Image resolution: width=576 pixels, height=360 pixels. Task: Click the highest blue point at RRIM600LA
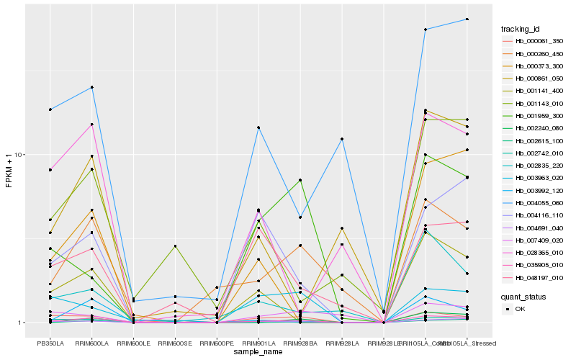click(92, 87)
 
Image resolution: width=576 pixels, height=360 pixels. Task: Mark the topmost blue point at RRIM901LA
click(258, 127)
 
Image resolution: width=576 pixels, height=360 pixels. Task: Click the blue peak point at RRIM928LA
click(342, 139)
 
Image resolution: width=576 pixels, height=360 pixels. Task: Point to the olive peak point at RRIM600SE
click(175, 246)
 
